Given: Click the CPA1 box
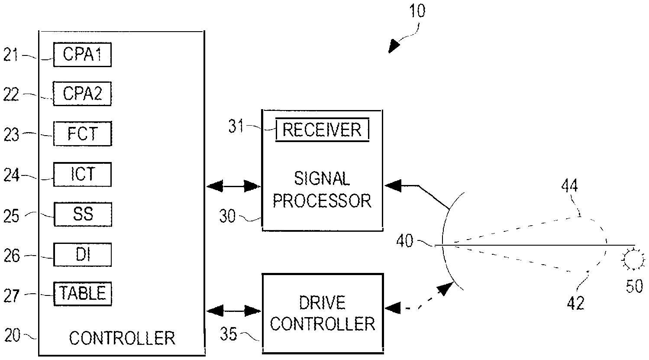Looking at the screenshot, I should pos(82,55).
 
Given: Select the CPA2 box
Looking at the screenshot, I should pos(82,94).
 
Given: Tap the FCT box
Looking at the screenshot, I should pos(82,134).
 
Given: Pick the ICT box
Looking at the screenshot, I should pos(82,174).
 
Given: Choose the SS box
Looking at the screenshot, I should pos(82,214).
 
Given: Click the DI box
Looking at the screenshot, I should pos(82,255).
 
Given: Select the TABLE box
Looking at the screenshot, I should pos(82,294).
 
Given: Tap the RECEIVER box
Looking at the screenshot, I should pos(323,130).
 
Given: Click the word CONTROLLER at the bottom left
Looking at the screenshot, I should pos(122,338).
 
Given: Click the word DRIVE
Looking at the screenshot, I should pos(323,303).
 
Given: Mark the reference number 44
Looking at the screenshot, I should pos(569,187).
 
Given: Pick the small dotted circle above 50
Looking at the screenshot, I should pos(630,260).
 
